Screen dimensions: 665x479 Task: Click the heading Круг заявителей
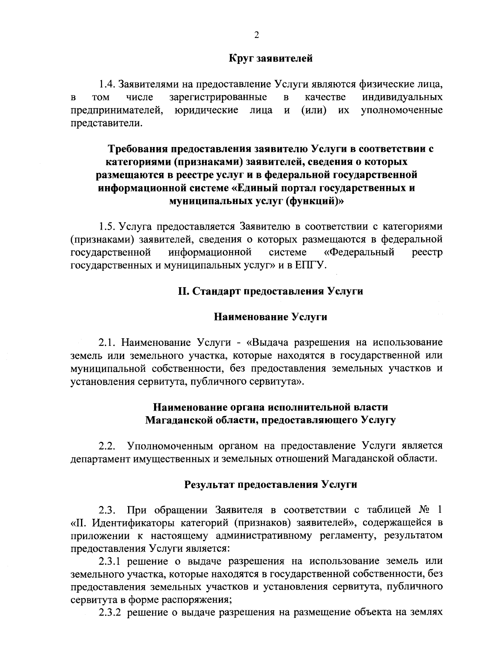pos(271,59)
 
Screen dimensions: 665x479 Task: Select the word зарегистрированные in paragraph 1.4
pos(218,97)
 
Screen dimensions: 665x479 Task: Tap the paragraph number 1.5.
pos(107,227)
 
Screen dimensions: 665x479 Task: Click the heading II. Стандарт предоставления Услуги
pos(271,291)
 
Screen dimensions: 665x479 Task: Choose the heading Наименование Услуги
pos(271,317)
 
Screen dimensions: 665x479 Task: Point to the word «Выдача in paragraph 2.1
pos(269,343)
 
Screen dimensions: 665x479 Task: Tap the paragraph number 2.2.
pos(107,446)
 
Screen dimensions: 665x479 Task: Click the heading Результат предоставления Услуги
pos(271,484)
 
